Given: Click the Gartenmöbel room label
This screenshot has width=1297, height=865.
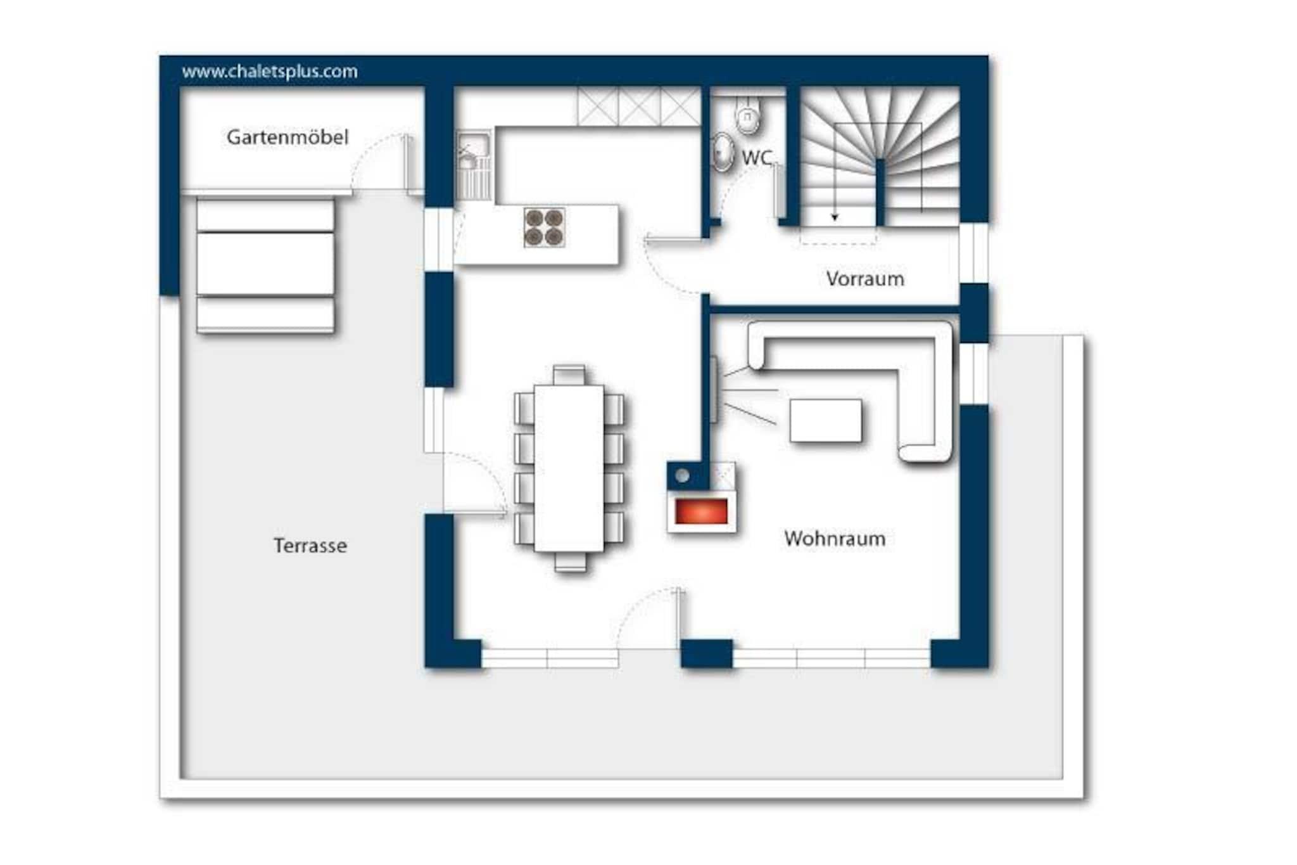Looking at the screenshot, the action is (x=288, y=138).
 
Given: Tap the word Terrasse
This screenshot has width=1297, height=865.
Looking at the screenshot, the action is (x=310, y=546).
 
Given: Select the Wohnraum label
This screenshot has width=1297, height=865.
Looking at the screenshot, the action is (x=835, y=539).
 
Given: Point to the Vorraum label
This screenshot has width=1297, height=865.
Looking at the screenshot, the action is (x=865, y=279).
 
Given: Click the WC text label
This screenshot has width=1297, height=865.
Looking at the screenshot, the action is (x=757, y=157).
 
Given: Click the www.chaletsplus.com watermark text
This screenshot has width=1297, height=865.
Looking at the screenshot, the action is (x=270, y=72).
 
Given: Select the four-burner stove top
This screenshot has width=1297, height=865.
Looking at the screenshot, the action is (x=544, y=227).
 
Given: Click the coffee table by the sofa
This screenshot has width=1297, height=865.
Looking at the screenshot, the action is (x=826, y=421).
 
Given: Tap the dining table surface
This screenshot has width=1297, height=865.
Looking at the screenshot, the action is (x=569, y=468).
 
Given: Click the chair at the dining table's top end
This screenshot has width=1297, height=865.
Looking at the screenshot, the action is (x=569, y=375).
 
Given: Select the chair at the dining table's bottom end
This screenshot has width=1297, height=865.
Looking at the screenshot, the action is (x=570, y=562).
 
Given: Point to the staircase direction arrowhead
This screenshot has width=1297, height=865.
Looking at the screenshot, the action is (x=835, y=217).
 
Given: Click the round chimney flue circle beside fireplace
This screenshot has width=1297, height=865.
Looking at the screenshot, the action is (x=682, y=475).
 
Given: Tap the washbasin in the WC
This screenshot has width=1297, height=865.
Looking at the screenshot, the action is (x=721, y=152).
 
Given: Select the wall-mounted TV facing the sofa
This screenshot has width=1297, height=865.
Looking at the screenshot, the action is (x=714, y=389).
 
